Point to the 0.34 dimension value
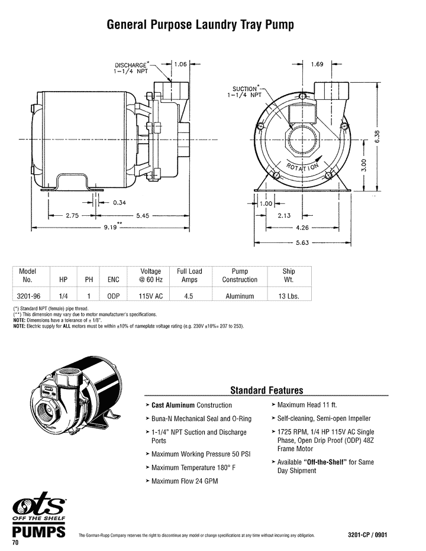(x=119, y=203)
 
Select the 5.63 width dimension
(x=302, y=242)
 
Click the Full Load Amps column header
(x=189, y=275)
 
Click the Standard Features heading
(x=266, y=390)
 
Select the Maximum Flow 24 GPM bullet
(x=185, y=481)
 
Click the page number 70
(x=16, y=543)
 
